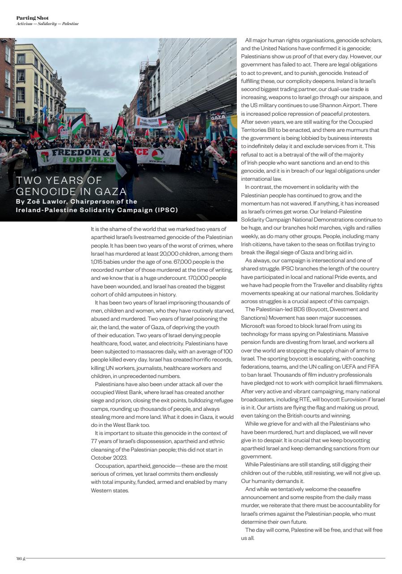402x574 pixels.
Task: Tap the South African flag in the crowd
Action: [182, 130]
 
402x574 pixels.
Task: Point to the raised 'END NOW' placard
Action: [64, 132]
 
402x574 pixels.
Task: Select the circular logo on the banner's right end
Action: [157, 154]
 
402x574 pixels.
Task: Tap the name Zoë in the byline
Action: [36, 202]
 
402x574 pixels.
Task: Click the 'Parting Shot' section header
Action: [32, 18]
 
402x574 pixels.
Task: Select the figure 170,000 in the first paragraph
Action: [196, 278]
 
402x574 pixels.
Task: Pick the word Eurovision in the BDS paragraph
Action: [348, 399]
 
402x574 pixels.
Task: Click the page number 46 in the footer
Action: [19, 558]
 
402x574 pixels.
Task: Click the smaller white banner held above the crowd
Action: [151, 122]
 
